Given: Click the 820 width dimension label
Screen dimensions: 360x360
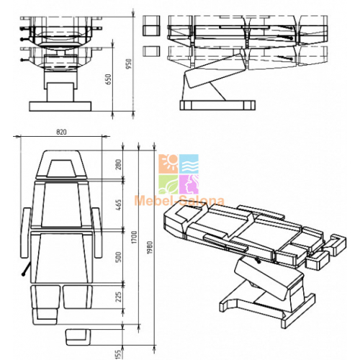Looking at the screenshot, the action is click(x=61, y=132).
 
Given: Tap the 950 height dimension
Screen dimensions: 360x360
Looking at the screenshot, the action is click(x=129, y=64).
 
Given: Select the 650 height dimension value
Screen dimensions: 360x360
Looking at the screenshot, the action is click(x=109, y=79).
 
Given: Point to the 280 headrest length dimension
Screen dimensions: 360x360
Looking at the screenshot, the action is click(x=119, y=164).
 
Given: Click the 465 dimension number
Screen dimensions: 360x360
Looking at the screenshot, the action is click(x=119, y=204).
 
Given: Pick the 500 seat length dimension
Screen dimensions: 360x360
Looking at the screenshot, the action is click(x=119, y=257).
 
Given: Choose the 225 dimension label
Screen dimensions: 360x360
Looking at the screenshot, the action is click(x=119, y=297).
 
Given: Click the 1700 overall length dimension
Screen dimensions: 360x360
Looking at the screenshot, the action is click(x=134, y=237).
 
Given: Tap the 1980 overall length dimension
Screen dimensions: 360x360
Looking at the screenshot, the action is click(x=150, y=248).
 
